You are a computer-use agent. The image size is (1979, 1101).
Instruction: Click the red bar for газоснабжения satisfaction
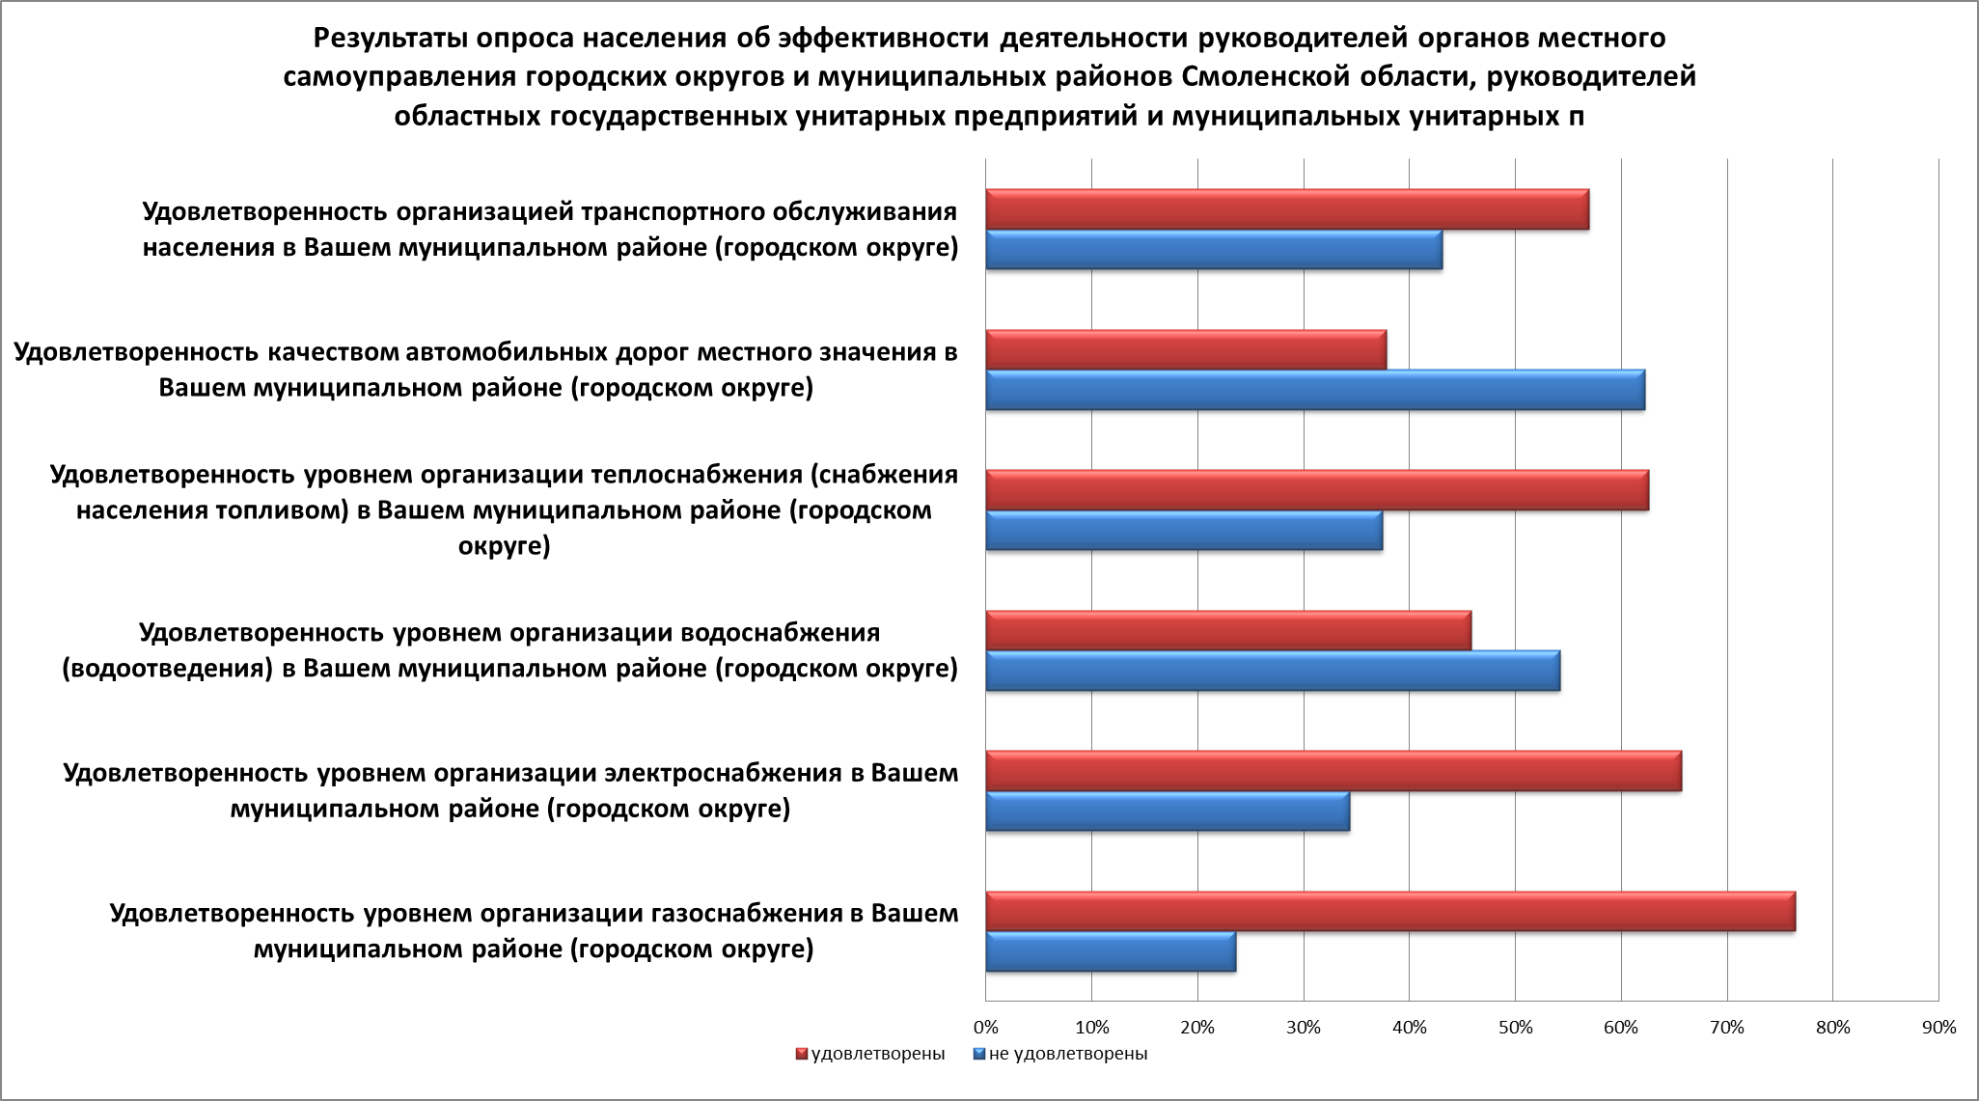(1389, 912)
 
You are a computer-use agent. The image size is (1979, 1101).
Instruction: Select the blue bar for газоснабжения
(1110, 952)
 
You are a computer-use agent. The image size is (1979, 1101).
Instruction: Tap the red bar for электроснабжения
(1333, 771)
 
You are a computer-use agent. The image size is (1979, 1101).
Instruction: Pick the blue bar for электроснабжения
(1167, 812)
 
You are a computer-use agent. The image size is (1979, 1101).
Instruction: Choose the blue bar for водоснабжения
(1272, 671)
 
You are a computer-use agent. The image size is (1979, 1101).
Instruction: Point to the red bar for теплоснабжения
(1316, 490)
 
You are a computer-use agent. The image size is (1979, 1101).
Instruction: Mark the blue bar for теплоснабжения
(1183, 531)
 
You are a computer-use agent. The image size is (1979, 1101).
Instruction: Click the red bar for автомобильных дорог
(1185, 349)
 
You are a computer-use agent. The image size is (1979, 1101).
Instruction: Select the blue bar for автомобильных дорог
(1314, 390)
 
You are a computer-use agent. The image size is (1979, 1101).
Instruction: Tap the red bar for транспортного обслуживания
(1286, 209)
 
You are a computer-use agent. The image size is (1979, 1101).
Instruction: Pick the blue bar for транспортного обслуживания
(1213, 250)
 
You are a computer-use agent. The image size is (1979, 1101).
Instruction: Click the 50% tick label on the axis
(1515, 1028)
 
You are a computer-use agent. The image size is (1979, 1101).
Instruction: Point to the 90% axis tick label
(1938, 1028)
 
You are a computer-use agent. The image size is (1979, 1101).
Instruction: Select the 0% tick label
(985, 1028)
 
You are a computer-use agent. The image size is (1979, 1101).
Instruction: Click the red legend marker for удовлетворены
(801, 1054)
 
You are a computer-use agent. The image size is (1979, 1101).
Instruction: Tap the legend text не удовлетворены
(1068, 1054)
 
